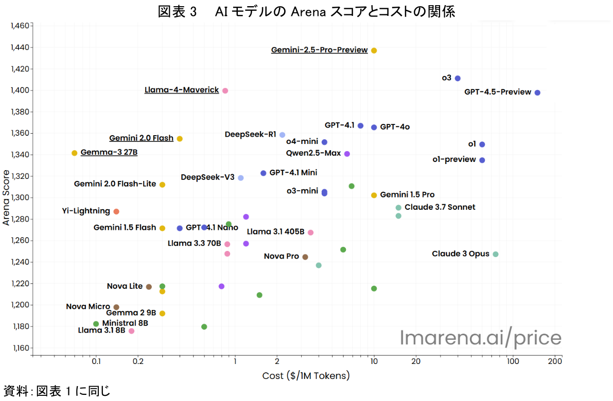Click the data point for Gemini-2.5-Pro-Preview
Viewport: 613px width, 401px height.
coord(374,50)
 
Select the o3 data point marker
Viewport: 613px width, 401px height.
coord(458,78)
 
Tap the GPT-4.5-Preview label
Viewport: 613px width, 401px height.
coord(497,92)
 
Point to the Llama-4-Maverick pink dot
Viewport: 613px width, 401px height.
coord(225,90)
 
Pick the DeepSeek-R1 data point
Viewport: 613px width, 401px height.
coord(282,135)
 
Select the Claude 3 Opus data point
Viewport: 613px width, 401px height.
coord(496,254)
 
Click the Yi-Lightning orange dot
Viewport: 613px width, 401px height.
coord(116,211)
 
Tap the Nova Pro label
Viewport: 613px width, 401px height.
coord(281,256)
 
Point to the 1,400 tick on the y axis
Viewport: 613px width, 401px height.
coord(21,90)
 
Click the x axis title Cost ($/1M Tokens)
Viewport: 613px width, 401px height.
coord(306,376)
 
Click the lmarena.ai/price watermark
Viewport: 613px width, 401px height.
coord(481,338)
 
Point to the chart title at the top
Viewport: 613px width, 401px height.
coord(306,12)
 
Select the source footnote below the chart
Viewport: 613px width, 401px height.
coord(57,391)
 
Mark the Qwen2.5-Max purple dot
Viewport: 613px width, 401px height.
coord(347,154)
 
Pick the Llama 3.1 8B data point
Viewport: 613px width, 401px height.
coord(131,331)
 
